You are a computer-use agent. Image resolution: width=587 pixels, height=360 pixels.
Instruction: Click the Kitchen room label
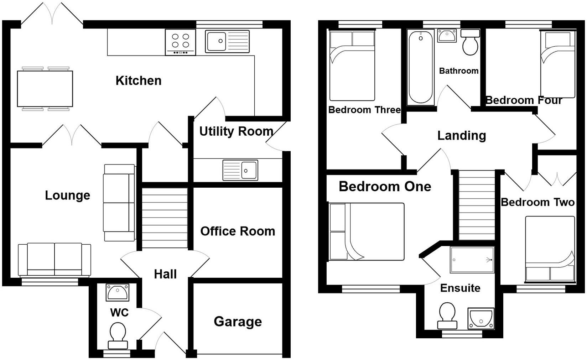[138, 81]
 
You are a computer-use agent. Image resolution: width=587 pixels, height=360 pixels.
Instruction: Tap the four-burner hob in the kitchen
[180, 42]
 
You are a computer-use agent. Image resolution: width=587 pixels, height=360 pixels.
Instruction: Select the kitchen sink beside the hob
[227, 41]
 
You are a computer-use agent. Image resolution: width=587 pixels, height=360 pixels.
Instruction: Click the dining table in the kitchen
[45, 89]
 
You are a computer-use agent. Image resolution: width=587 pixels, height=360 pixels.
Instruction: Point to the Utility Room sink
[240, 170]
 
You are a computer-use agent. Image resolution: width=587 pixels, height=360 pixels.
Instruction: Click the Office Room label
[238, 231]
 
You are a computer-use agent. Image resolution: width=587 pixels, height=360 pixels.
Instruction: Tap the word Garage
[238, 322]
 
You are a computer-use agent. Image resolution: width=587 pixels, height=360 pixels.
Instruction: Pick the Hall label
[165, 274]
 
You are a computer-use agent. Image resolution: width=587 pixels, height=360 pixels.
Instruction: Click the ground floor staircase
[165, 218]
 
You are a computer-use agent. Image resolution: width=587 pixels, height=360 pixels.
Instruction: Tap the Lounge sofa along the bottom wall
[54, 259]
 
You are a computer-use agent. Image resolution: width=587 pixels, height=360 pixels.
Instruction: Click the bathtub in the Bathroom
[421, 67]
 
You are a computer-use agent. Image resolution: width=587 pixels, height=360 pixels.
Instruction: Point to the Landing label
[462, 136]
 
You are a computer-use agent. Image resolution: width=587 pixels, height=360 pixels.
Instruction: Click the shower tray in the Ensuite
[472, 260]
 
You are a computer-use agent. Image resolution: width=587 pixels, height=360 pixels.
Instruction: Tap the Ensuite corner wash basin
[480, 318]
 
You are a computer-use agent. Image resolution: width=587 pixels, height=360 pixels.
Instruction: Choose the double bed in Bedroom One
[367, 231]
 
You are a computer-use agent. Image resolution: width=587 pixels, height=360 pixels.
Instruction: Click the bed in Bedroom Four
[557, 64]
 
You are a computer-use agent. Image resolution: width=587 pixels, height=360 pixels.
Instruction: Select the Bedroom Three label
[364, 110]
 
